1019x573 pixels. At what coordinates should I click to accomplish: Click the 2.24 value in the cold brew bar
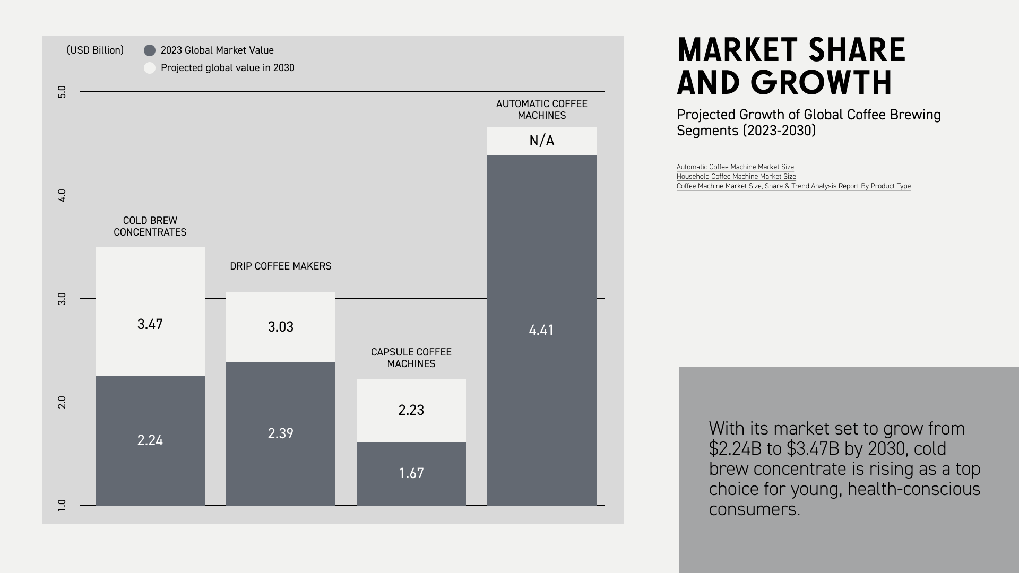[x=150, y=440]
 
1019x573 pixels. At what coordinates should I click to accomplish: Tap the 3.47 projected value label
[x=150, y=324]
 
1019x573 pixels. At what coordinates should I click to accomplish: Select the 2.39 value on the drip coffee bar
[x=280, y=433]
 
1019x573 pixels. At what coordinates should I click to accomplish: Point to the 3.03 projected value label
[x=280, y=327]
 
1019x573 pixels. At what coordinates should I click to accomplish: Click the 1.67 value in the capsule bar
[x=411, y=473]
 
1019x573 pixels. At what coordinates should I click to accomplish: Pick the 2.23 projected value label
[x=411, y=410]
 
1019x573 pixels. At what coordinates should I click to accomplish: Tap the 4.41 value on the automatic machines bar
[x=541, y=330]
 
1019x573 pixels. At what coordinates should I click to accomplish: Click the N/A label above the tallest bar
[x=541, y=141]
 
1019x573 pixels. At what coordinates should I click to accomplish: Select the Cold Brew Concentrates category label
[x=150, y=226]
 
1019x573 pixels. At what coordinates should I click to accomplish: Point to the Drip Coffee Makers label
[x=280, y=266]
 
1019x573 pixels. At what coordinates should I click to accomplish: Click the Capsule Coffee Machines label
[x=411, y=358]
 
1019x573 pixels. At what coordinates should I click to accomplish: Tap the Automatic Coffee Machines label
[x=541, y=109]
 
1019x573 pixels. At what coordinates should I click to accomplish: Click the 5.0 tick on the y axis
[x=62, y=92]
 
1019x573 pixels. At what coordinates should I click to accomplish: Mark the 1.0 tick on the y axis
[x=62, y=505]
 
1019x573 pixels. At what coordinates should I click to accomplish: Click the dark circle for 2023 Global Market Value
[x=150, y=50]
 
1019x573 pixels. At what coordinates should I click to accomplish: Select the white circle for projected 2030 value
[x=150, y=68]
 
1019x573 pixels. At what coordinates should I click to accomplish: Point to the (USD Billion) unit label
[x=95, y=50]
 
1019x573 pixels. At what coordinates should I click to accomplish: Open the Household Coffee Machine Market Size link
[x=736, y=176]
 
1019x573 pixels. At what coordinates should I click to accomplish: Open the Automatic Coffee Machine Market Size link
[x=735, y=167]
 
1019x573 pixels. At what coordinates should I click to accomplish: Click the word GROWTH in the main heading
[x=821, y=83]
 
